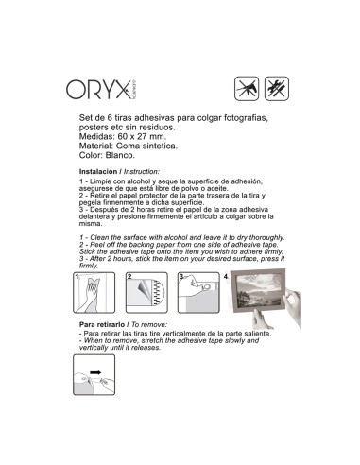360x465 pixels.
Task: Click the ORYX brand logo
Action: [x=102, y=90]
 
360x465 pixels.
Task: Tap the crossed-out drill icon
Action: [x=247, y=89]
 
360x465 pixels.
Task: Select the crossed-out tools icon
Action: [x=277, y=89]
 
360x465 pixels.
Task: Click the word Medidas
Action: [x=96, y=137]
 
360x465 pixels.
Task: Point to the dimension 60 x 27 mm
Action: [x=142, y=137]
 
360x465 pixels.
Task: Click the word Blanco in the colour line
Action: [x=120, y=155]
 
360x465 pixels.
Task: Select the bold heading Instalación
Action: [x=98, y=172]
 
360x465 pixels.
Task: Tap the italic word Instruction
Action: [x=142, y=172]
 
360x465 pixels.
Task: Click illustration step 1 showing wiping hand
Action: [x=94, y=293]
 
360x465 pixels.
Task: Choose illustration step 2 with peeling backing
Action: [x=146, y=293]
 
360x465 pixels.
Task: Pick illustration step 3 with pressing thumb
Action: [x=198, y=293]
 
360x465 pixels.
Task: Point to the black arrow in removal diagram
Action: [x=95, y=372]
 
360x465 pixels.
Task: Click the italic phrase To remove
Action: [x=148, y=324]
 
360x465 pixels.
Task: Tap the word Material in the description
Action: [x=95, y=146]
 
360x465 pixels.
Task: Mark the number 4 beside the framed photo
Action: [x=226, y=277]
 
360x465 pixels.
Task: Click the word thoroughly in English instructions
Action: [x=266, y=238]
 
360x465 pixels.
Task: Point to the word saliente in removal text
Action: [x=258, y=334]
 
